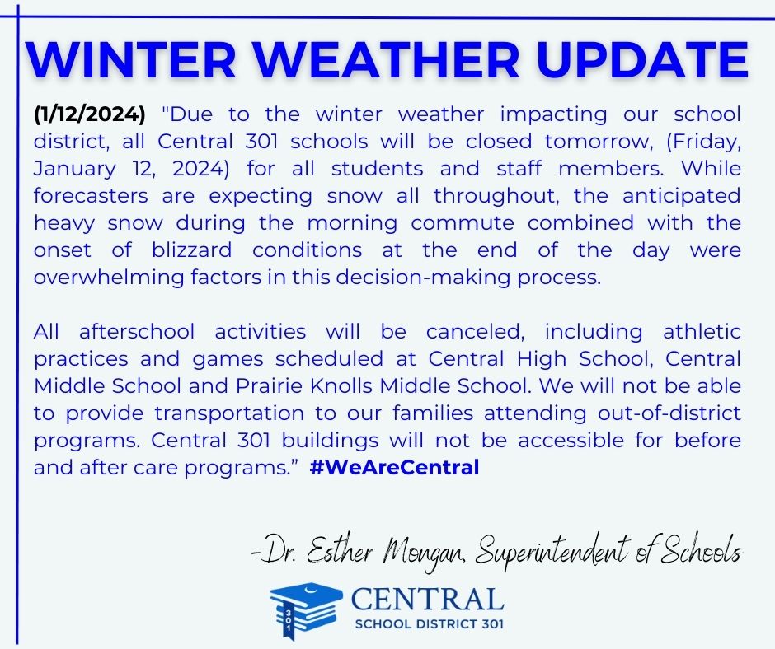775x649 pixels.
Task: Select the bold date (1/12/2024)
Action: pyautogui.click(x=89, y=114)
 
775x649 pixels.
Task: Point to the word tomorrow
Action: pyautogui.click(x=565, y=142)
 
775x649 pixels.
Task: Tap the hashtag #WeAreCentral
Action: pyautogui.click(x=395, y=468)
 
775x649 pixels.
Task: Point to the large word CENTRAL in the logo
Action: pyautogui.click(x=426, y=599)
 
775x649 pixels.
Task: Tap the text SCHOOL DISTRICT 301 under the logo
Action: pyautogui.click(x=427, y=623)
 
